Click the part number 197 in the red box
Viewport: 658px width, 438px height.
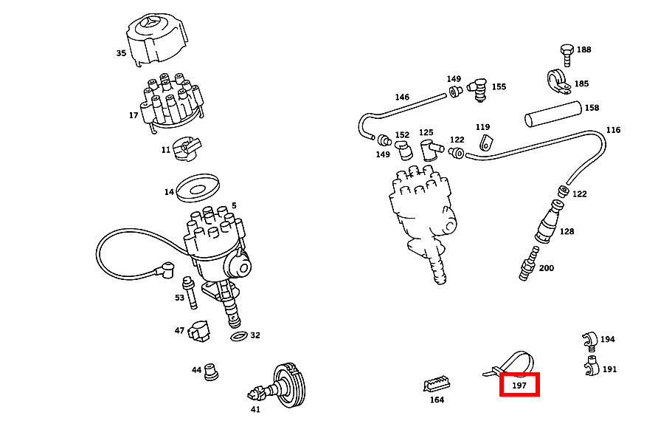click(x=519, y=385)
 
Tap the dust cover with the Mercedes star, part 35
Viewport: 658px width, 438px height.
click(x=156, y=39)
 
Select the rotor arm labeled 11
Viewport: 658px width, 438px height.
click(x=187, y=148)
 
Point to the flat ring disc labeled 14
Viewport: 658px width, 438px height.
click(x=198, y=188)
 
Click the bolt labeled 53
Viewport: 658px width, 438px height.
click(x=190, y=292)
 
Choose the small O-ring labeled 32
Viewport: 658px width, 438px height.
click(x=239, y=336)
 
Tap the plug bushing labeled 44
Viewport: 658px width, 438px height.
click(x=211, y=372)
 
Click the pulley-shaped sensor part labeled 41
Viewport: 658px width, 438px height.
click(x=279, y=385)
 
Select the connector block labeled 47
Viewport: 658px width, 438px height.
click(x=199, y=331)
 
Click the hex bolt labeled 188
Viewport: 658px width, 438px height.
click(x=567, y=55)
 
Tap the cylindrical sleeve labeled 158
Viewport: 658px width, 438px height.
click(x=553, y=114)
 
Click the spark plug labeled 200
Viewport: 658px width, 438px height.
click(x=529, y=264)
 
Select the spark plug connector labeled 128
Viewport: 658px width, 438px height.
click(x=549, y=221)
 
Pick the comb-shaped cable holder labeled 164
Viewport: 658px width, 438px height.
click(x=437, y=384)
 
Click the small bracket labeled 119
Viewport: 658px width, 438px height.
click(x=485, y=142)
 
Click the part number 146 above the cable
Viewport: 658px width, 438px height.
click(x=402, y=97)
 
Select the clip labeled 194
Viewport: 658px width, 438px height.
click(x=589, y=341)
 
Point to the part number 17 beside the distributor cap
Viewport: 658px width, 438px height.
click(x=134, y=115)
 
